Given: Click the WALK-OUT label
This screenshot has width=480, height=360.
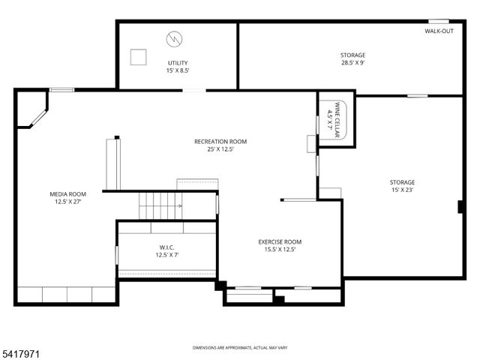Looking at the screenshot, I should click(439, 31).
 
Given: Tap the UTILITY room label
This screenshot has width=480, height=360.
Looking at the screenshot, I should click(178, 63).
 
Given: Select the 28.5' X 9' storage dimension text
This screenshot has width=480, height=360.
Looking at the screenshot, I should click(352, 63).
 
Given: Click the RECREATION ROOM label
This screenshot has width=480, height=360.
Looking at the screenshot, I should click(220, 141).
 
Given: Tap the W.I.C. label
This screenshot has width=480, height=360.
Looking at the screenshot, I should click(166, 247).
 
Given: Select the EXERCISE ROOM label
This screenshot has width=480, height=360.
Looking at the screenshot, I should click(280, 241).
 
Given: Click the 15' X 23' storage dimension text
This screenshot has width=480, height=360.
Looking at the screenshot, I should click(402, 190).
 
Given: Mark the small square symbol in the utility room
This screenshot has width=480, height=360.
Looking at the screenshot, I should click(138, 56).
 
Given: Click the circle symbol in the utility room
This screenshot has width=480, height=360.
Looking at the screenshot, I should click(174, 37).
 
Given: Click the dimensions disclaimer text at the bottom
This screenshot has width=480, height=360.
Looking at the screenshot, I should click(240, 348).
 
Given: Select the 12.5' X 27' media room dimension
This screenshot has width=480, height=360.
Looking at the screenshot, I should click(67, 202).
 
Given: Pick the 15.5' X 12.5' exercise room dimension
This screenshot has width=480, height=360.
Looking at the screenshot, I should click(280, 250).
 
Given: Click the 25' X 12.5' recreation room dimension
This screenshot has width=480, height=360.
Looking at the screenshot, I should click(220, 149).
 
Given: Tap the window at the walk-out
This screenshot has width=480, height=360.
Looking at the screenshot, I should click(439, 21).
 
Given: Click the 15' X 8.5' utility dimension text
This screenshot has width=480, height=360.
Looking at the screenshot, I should click(178, 71).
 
